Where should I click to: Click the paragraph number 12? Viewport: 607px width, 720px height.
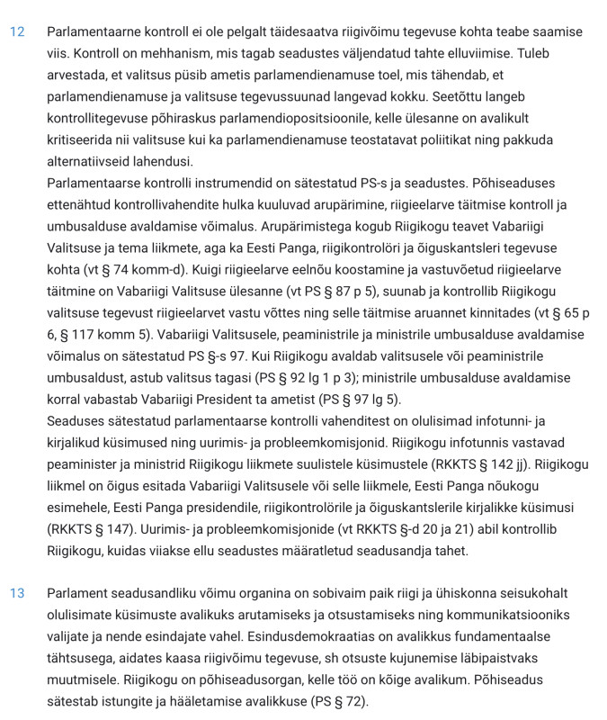tap(17, 31)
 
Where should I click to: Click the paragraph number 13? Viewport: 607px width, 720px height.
tap(17, 593)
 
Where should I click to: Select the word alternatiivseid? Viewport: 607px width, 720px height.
tap(93, 162)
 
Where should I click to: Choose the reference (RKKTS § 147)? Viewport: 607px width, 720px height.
tap(99, 528)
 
